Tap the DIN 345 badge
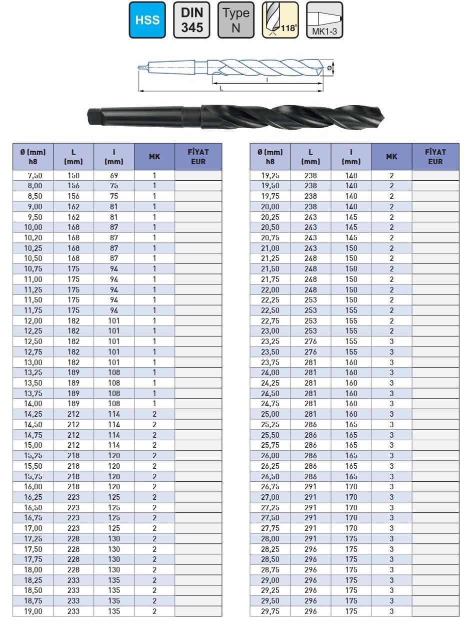point(191,20)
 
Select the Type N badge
point(236,20)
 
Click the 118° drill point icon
point(280,20)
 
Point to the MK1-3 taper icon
point(324,20)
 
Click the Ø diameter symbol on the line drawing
point(329,67)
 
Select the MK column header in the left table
point(154,157)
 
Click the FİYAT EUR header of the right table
point(435,157)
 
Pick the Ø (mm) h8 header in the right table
point(270,157)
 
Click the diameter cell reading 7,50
point(33,176)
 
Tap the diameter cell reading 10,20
point(33,238)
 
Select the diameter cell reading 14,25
point(33,414)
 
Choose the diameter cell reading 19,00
point(33,611)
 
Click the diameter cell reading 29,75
point(270,611)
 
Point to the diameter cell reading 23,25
point(270,342)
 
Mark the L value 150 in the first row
point(73,176)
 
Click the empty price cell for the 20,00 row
point(435,207)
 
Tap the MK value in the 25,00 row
point(391,414)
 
